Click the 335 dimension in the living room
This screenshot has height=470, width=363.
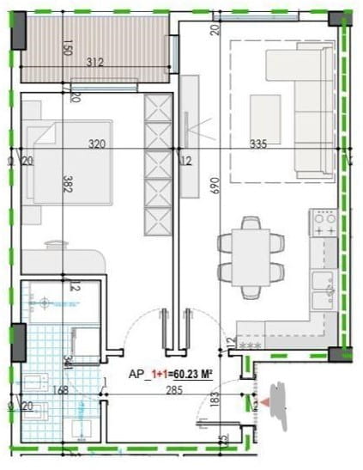coord(256,145)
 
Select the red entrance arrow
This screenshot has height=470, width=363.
coord(266,400)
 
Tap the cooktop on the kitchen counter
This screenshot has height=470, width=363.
coord(324,225)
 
